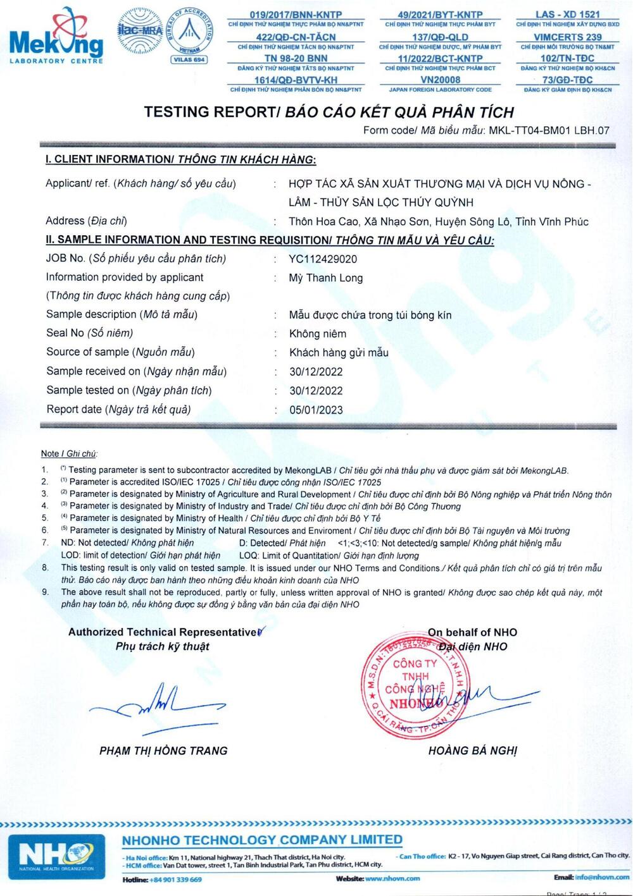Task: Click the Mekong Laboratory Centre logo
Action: [x=56, y=37]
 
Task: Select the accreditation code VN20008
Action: [x=440, y=80]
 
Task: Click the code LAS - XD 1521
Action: [x=567, y=14]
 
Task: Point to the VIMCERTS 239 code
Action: [x=567, y=37]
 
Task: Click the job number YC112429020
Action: [x=323, y=259]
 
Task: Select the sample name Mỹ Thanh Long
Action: [x=326, y=278]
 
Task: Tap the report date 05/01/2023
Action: [x=316, y=410]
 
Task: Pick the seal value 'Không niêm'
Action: [x=318, y=334]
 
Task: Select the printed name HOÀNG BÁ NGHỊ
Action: [x=472, y=751]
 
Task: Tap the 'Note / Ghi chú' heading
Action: [x=69, y=453]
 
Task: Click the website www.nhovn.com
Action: [x=392, y=878]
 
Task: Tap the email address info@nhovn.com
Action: [x=603, y=878]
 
